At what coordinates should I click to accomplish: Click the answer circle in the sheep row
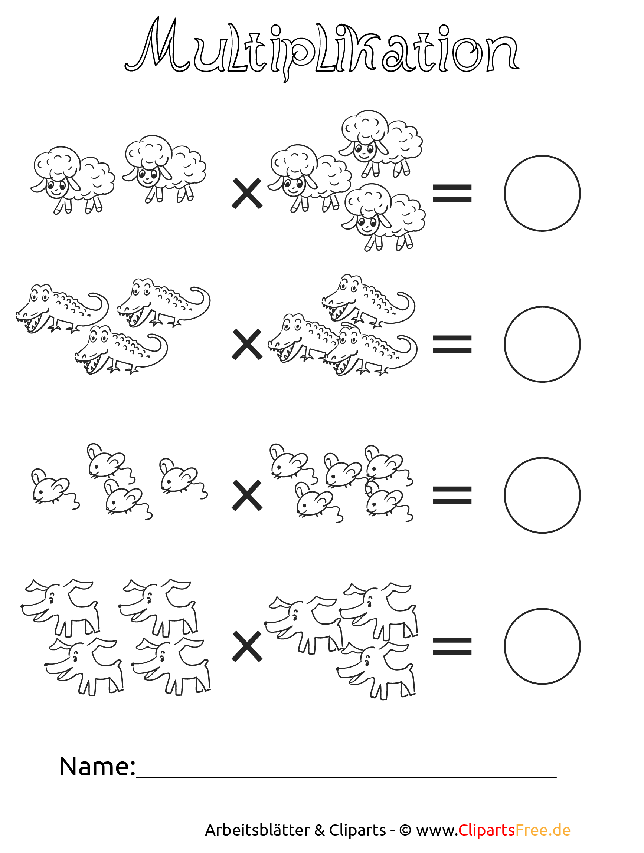pyautogui.click(x=542, y=193)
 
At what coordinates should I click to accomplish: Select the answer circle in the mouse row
pyautogui.click(x=542, y=495)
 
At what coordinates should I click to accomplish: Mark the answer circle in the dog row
pyautogui.click(x=542, y=646)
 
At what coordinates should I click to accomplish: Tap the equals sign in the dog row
pyautogui.click(x=452, y=646)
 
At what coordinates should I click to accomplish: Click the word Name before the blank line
pyautogui.click(x=97, y=767)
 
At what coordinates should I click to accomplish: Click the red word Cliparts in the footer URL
pyautogui.click(x=487, y=830)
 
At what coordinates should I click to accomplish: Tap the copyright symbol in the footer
pyautogui.click(x=405, y=830)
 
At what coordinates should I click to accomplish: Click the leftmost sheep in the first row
pyautogui.click(x=71, y=179)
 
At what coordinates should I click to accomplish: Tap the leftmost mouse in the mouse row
pyautogui.click(x=52, y=488)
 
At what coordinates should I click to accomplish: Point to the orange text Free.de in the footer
pyautogui.click(x=543, y=830)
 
